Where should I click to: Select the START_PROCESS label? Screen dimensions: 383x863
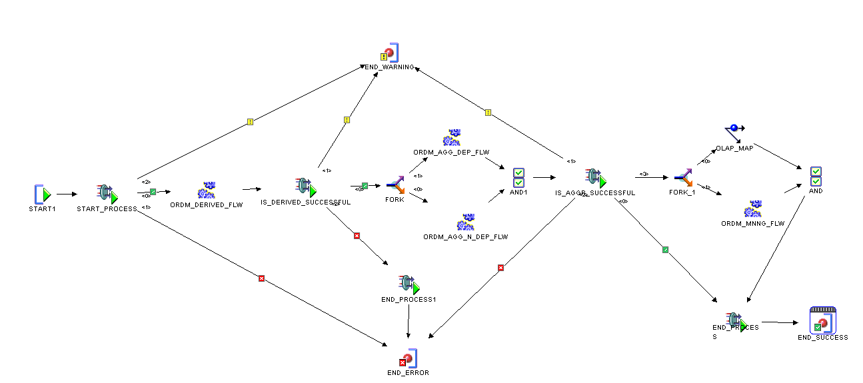point(112,208)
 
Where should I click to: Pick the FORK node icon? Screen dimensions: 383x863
point(395,185)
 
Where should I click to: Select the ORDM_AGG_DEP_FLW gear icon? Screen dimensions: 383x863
point(451,139)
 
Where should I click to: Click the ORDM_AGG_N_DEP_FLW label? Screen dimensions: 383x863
point(466,236)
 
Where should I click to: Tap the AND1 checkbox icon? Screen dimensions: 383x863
point(518,178)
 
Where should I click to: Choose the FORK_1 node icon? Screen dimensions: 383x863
point(684,177)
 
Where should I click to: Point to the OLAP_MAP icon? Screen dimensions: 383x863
point(734,131)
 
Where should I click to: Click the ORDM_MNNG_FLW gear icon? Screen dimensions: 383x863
point(753,209)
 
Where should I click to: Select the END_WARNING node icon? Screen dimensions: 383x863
point(390,53)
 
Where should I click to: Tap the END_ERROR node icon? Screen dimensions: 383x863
point(408,358)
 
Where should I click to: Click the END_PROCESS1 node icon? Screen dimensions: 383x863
point(409,284)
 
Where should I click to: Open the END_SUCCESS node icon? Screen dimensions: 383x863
point(822,320)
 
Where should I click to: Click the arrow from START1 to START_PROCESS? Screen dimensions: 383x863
point(67,194)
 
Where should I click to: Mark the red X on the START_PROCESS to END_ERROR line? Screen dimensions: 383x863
point(261,278)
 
